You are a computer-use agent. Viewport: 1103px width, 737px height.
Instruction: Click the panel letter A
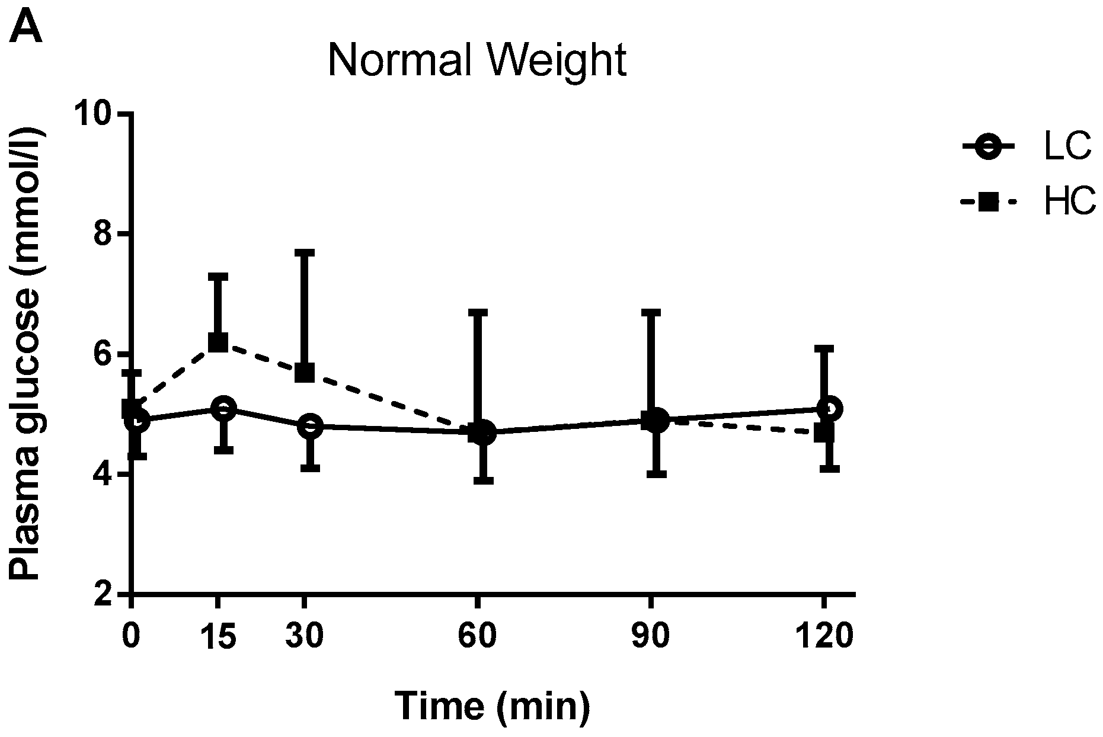[x=25, y=28]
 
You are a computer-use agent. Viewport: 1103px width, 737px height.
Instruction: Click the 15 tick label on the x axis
[x=218, y=637]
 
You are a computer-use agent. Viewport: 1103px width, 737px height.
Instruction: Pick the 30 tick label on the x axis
[x=303, y=637]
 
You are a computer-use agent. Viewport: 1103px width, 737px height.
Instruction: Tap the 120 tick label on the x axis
[x=823, y=637]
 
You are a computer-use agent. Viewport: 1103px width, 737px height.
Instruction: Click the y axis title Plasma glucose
[x=27, y=354]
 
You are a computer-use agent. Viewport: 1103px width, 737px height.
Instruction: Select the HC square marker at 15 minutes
[x=218, y=342]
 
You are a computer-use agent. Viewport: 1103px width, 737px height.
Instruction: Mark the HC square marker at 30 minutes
[x=304, y=373]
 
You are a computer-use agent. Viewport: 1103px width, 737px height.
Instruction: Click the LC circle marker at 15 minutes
[x=223, y=409]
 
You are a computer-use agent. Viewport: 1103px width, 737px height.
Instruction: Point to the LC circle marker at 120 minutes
[x=829, y=409]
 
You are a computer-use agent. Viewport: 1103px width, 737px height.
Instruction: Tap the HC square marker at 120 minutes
[x=824, y=433]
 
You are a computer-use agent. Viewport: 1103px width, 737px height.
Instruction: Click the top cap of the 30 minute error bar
[x=304, y=252]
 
